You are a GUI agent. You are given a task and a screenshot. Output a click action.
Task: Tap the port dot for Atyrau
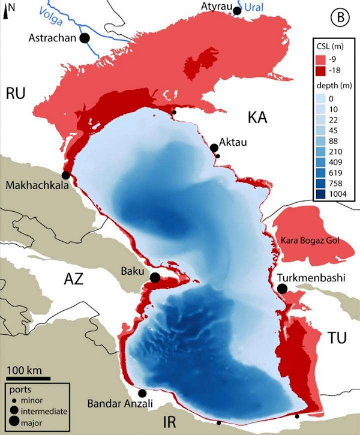[x=238, y=11]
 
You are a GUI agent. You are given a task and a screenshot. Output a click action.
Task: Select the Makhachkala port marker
[x=65, y=175]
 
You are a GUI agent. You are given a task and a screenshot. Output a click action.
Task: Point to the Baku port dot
[x=154, y=278]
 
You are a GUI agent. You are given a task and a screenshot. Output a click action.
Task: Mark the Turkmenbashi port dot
[x=282, y=289]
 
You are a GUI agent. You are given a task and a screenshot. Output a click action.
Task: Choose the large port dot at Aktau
[x=214, y=148]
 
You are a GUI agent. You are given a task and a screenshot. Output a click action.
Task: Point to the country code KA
[x=258, y=117]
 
